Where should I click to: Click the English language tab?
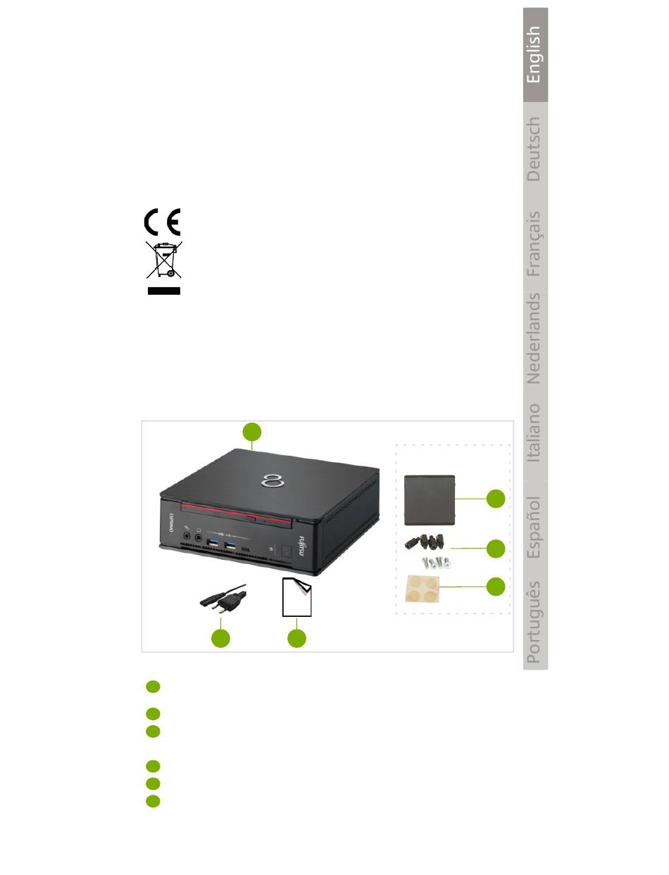pos(534,55)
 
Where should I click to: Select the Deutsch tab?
pos(534,149)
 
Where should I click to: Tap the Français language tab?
pos(534,243)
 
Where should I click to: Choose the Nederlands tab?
pos(534,338)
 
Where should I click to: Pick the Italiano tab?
pos(534,433)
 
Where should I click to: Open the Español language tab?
pos(534,527)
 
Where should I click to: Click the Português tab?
pos(534,622)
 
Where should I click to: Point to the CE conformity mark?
pos(163,222)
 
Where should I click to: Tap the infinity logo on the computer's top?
pos(271,481)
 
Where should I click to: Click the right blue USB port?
pos(230,547)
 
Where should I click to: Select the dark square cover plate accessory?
pos(431,499)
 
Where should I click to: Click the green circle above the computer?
pos(252,432)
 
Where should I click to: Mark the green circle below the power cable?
pos(220,638)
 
